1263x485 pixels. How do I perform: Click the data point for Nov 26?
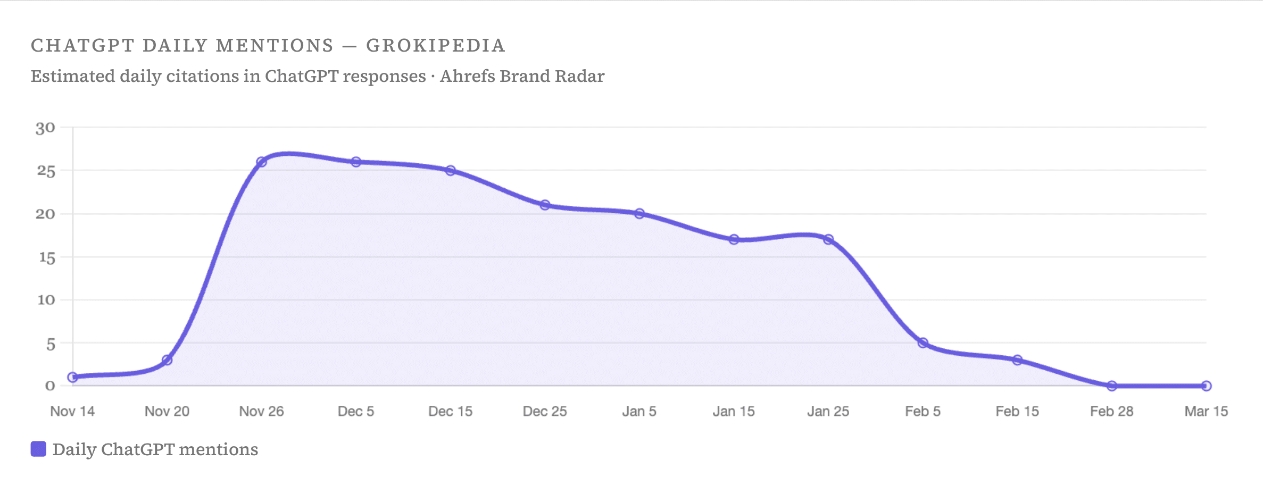[261, 162]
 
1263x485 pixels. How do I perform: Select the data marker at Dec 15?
[451, 171]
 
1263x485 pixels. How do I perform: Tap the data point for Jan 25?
[828, 239]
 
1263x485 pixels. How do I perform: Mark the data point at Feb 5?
[923, 343]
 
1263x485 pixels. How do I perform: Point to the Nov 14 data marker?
[73, 377]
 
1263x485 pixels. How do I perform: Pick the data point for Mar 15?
[1206, 386]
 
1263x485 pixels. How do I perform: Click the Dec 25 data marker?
[545, 205]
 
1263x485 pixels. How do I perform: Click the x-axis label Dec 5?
[356, 411]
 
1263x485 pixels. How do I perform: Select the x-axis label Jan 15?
[734, 411]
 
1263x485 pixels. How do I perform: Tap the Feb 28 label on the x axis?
[1111, 411]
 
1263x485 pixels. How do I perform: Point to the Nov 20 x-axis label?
[167, 411]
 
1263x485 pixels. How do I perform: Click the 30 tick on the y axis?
[46, 128]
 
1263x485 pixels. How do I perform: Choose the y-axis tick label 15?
[47, 258]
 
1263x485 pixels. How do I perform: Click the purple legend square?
[38, 449]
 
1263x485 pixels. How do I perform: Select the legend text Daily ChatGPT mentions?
[155, 449]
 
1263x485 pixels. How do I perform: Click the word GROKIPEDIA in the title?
[436, 46]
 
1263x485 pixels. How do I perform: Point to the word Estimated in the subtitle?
[73, 76]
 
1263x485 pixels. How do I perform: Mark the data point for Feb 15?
[1017, 360]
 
